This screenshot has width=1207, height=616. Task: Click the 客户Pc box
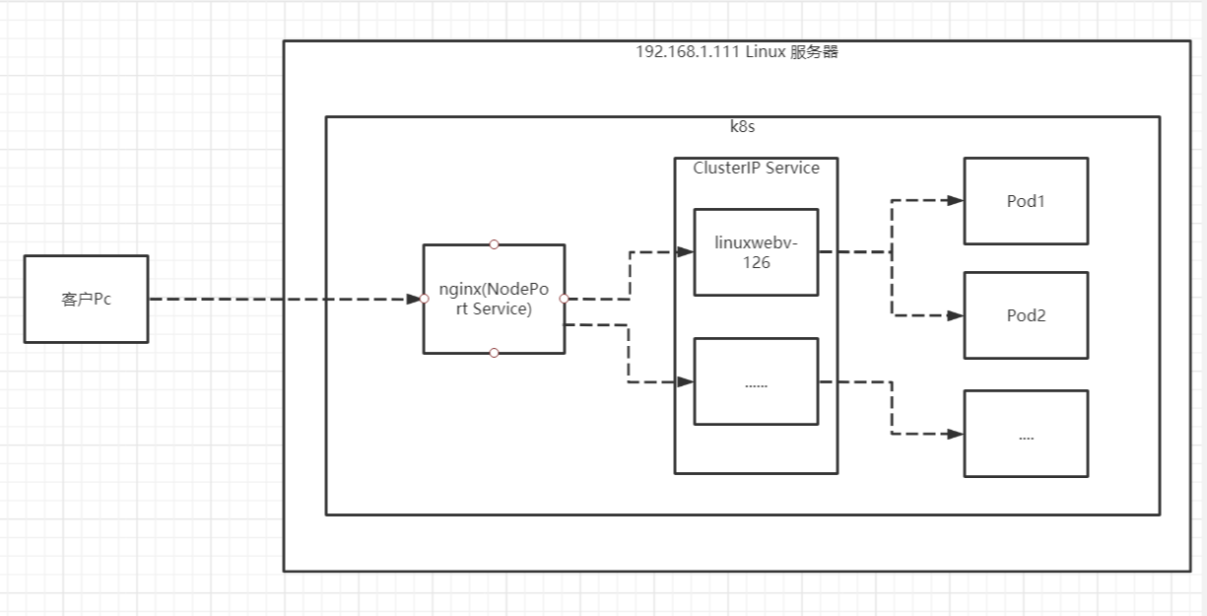[x=86, y=299]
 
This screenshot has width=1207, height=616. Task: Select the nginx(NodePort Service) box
[x=494, y=299]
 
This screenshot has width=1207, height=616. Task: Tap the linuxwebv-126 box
[x=756, y=252]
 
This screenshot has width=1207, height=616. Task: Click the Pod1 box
[x=1026, y=201]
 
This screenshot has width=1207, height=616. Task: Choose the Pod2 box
[x=1026, y=315]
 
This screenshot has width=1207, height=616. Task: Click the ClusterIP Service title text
[x=756, y=169]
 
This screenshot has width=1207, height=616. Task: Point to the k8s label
[x=742, y=128]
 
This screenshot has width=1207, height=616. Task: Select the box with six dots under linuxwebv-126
[x=756, y=382]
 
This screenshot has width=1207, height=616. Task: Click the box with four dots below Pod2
[x=1026, y=435]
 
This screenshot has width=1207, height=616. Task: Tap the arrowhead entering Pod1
[x=955, y=200]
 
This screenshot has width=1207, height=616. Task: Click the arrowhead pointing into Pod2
[x=955, y=315]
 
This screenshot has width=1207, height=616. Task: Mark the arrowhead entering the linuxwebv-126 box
[x=686, y=251]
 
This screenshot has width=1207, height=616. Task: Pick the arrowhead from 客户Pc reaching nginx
[x=415, y=299]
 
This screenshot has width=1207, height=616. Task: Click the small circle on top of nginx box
[x=494, y=244]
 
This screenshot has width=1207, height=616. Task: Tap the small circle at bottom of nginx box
[x=494, y=353]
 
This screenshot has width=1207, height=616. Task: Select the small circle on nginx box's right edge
[x=564, y=299]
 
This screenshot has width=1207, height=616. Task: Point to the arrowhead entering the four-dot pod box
[x=955, y=434]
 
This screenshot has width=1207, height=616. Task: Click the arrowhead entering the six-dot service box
[x=686, y=381]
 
